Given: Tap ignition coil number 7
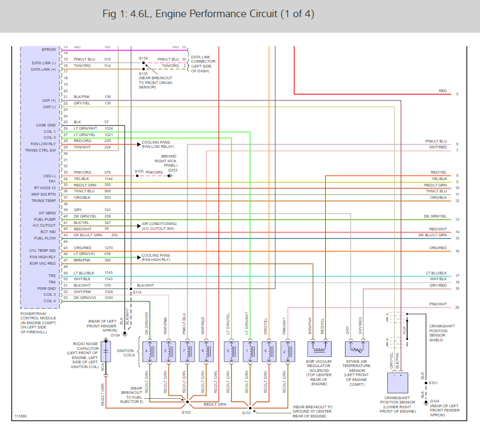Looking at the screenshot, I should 185,352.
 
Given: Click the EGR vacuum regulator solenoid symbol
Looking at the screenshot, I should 320,349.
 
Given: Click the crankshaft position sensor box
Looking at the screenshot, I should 400,384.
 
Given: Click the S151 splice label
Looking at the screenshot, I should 246,413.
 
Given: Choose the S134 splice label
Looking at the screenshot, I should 143,58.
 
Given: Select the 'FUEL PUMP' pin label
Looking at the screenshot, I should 45,219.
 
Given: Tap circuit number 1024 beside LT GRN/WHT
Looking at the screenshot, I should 109,128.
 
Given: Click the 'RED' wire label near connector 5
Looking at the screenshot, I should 442,91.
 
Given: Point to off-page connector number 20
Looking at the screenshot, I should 457,307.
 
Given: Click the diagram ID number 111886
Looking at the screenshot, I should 21,415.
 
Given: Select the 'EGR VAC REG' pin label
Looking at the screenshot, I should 43,263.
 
